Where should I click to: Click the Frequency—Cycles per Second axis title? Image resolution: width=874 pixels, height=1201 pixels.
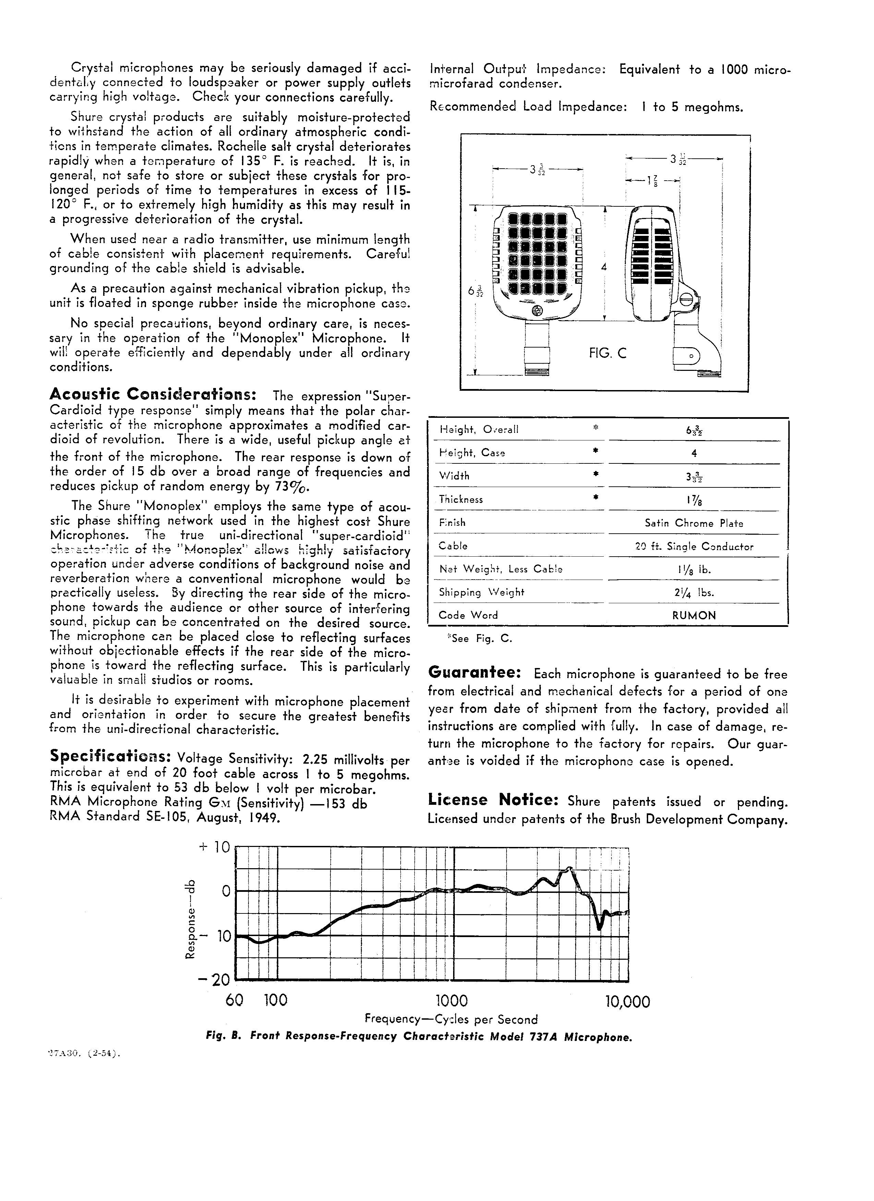[451, 1019]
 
